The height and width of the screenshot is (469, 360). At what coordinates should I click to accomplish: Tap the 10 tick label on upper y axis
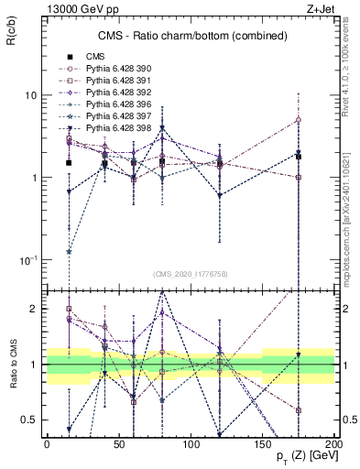31,95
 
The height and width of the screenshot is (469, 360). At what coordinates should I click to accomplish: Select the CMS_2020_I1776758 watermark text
191,273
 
